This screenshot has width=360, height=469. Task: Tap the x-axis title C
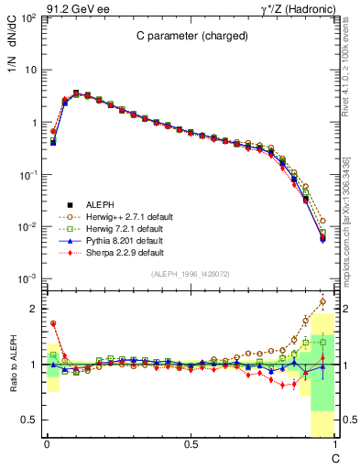pyautogui.click(x=335, y=457)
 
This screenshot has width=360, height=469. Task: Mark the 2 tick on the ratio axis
pyautogui.click(x=34, y=309)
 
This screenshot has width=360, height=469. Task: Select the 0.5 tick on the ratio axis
pyautogui.click(x=30, y=420)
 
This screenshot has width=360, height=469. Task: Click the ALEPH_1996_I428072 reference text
pyautogui.click(x=191, y=275)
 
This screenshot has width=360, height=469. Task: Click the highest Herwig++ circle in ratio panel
pyautogui.click(x=322, y=301)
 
